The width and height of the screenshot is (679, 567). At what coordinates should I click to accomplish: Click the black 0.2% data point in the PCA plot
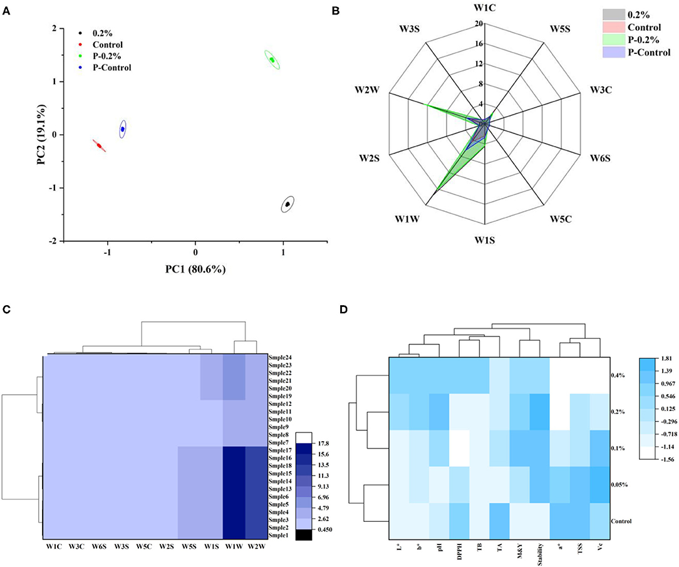tap(288, 204)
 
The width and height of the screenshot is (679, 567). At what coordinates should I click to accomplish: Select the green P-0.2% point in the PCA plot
tap(272, 60)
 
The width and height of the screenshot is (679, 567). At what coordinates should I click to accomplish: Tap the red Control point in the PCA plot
tap(99, 145)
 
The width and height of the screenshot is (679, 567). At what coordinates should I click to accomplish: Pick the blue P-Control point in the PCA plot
tap(123, 129)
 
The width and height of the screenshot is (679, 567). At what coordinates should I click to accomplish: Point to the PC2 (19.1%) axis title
tap(41, 135)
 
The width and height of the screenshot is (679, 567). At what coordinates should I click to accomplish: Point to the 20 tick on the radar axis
tap(478, 24)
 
